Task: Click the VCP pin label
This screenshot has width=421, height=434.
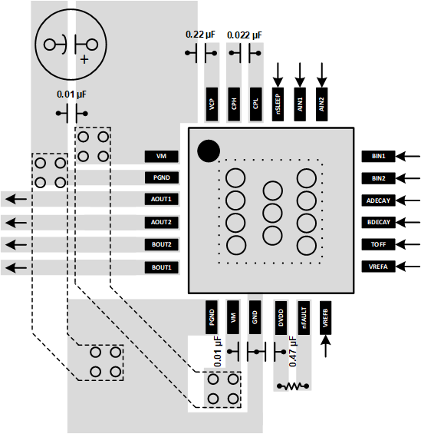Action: (212, 104)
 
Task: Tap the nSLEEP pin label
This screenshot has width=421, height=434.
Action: (278, 104)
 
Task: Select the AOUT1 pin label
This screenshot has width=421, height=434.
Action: (161, 199)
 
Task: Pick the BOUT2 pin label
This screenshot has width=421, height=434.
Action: (161, 244)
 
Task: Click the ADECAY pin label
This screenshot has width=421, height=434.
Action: (378, 200)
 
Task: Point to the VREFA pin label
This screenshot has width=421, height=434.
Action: (378, 267)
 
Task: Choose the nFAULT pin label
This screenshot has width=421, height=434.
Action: (304, 318)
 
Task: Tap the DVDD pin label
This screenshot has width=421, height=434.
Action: (281, 318)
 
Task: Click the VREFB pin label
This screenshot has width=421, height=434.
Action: (325, 318)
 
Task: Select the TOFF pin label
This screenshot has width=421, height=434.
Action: (378, 244)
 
